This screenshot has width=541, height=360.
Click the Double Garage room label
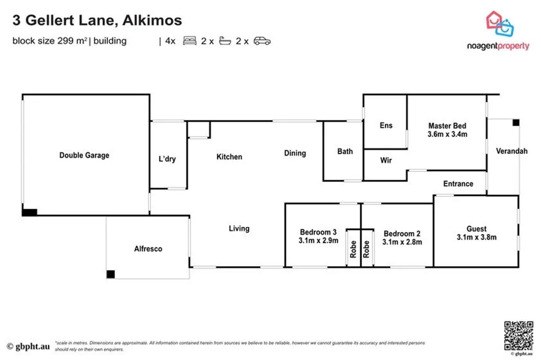pyautogui.click(x=84, y=155)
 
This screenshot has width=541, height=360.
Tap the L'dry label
pyautogui.click(x=167, y=159)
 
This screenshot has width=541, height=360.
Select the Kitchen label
pyautogui.click(x=229, y=157)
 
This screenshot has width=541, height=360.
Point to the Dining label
pyautogui.click(x=296, y=153)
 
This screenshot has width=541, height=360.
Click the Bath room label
pyautogui.click(x=345, y=152)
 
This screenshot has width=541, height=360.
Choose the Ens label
pyautogui.click(x=386, y=125)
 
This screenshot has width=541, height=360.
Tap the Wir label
pyautogui.click(x=386, y=160)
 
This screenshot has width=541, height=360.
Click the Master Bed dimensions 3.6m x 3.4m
pyautogui.click(x=447, y=135)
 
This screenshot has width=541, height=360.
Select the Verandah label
pyautogui.click(x=511, y=151)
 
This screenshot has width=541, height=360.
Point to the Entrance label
pyautogui.click(x=458, y=184)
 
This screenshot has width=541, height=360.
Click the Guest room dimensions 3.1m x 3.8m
pyautogui.click(x=477, y=237)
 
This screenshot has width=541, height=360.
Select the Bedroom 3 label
pyautogui.click(x=318, y=232)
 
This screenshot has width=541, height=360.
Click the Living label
pyautogui.click(x=239, y=228)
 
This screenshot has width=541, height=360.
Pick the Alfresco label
pyautogui.click(x=148, y=248)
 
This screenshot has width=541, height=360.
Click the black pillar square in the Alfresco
pyautogui.click(x=111, y=274)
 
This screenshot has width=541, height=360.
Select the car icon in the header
pyautogui.click(x=262, y=41)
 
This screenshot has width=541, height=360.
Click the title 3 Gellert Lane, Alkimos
pyautogui.click(x=97, y=21)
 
